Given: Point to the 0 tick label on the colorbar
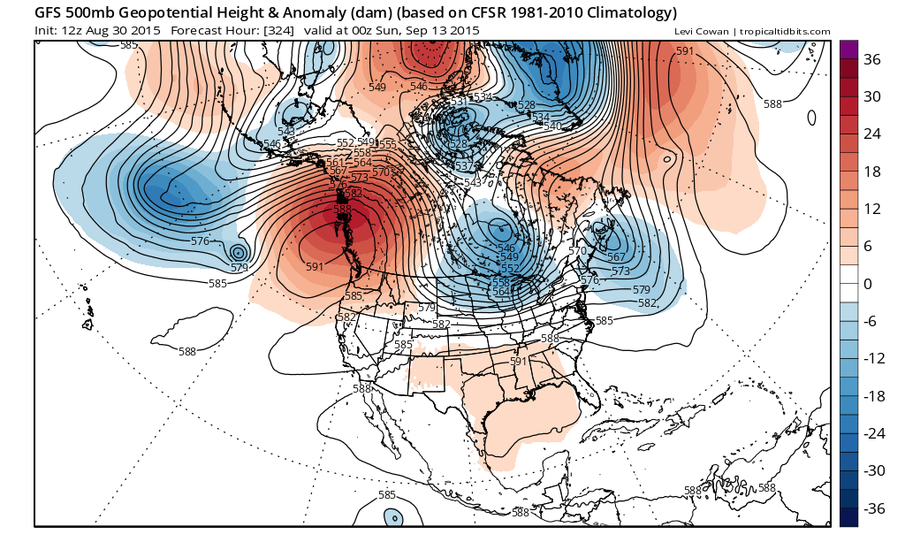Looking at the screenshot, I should [868, 284].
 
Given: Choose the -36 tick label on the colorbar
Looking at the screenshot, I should [873, 508].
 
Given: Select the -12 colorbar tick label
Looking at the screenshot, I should [873, 358].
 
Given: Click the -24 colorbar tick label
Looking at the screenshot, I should [873, 433].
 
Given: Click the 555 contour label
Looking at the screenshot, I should [387, 144].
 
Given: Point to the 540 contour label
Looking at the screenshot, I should [552, 126].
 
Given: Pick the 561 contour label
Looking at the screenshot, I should [335, 162].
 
